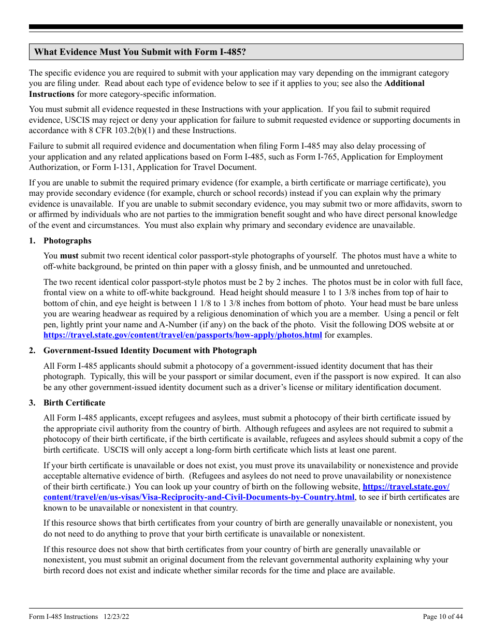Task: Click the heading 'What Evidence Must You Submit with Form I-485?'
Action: [140, 52]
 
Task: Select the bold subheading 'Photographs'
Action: [67, 241]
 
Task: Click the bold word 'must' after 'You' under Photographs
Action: [69, 256]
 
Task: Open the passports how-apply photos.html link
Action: [183, 335]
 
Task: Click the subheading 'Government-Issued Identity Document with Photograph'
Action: [150, 351]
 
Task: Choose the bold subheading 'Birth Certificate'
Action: [75, 403]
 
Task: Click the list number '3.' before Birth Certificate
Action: [32, 403]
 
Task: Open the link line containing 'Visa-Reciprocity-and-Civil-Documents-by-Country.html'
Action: [199, 497]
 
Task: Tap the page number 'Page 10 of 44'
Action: [443, 616]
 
